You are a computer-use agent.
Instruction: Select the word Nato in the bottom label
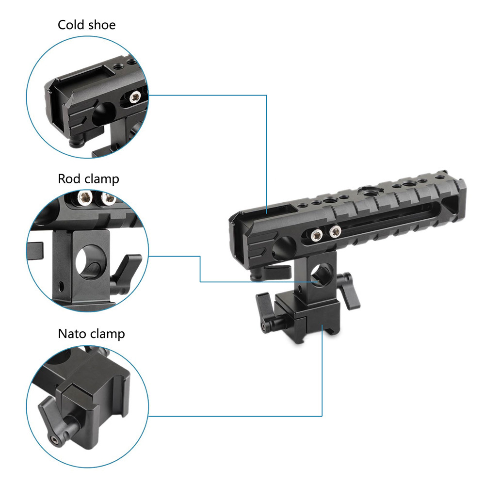click(72, 334)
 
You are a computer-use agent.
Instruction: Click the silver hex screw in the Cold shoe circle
click(134, 97)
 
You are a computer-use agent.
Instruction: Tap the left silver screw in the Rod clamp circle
click(84, 198)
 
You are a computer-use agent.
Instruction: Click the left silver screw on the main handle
click(316, 236)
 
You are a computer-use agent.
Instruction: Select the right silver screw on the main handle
click(335, 231)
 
